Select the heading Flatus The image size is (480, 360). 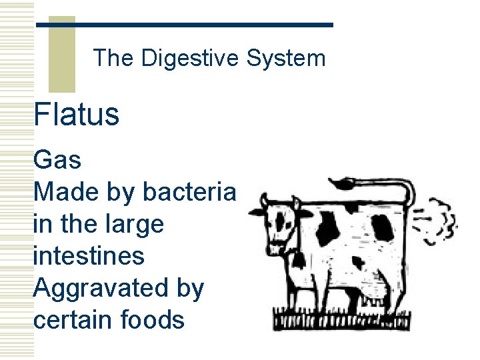(76, 114)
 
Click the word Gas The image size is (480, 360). (57, 160)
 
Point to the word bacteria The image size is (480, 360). (189, 192)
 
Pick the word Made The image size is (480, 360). (65, 192)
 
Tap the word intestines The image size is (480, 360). (88, 256)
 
